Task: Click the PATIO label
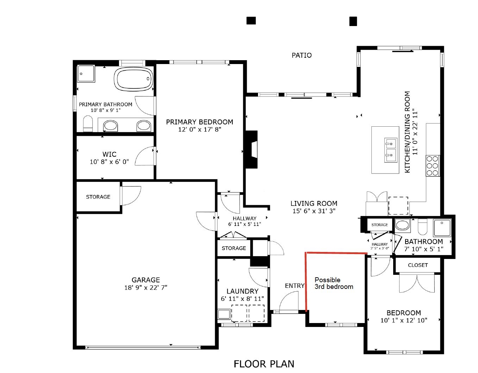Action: pos(302,55)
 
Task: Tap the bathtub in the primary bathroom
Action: pos(133,79)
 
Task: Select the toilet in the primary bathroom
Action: pos(88,124)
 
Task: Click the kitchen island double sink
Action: pos(391,150)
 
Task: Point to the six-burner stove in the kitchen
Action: pos(433,166)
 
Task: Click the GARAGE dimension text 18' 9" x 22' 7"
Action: pos(146,287)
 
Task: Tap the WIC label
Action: pos(109,154)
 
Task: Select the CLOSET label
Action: pos(418,265)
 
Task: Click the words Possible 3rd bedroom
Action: pos(334,283)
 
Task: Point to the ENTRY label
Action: pos(295,285)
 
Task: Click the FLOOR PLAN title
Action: pos(264,364)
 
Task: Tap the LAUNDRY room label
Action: pos(243,291)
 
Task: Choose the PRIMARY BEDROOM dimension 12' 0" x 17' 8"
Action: pos(200,129)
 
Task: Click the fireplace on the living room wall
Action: pos(252,150)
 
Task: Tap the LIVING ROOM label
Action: pos(314,203)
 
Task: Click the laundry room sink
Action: pos(224,314)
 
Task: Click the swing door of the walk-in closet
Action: pos(145,156)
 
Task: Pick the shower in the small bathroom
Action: pos(442,227)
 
